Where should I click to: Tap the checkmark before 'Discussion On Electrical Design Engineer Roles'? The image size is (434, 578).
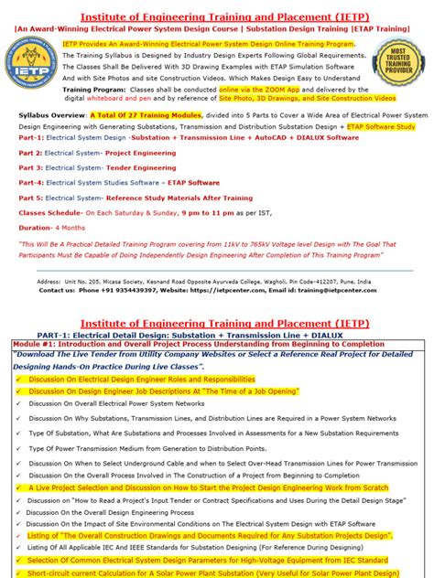coord(17,377)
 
